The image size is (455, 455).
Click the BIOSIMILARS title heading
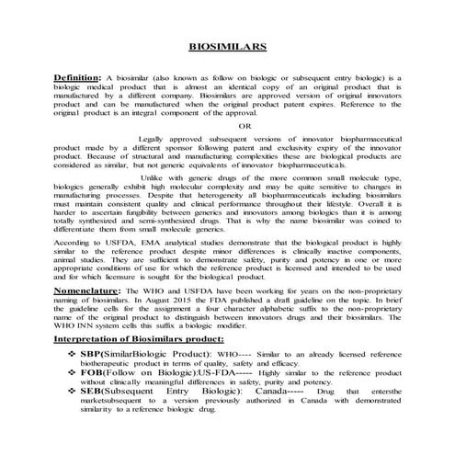(227, 43)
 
